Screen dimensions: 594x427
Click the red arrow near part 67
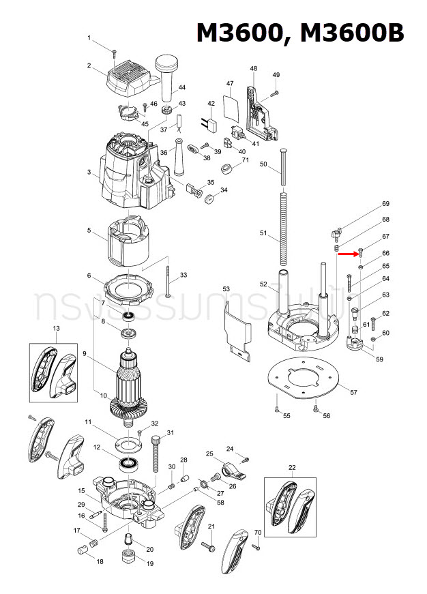[347, 254]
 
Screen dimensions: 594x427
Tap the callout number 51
[263, 233]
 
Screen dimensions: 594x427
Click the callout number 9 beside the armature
[85, 353]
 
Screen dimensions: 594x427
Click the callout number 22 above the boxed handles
[292, 467]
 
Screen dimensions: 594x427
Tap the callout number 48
[254, 69]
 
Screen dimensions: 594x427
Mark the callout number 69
[385, 204]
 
